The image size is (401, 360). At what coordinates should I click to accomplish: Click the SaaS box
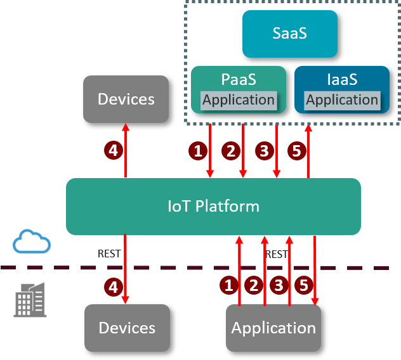289,34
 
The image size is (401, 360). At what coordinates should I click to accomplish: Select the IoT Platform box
213,206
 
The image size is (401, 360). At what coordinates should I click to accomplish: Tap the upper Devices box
126,99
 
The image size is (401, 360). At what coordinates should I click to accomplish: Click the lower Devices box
127,328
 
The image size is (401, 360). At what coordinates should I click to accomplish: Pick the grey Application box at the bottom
273,328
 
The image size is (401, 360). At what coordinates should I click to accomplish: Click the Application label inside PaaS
239,100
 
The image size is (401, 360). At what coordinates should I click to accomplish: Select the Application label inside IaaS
342,100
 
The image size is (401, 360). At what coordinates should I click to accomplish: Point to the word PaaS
239,80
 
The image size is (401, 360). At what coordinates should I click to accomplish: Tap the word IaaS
342,80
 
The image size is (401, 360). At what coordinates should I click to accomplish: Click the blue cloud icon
32,242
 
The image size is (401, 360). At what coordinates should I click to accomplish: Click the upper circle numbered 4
113,150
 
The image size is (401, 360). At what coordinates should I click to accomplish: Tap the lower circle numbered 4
113,287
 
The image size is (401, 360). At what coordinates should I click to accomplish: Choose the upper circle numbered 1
198,150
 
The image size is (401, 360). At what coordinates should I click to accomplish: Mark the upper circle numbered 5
296,150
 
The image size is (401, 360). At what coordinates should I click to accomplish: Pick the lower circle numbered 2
254,285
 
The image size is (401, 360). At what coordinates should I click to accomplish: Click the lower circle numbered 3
279,285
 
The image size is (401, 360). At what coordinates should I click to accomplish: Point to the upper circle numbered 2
230,150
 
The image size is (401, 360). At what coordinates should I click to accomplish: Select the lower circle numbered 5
303,285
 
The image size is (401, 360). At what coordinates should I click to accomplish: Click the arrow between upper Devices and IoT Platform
126,150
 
